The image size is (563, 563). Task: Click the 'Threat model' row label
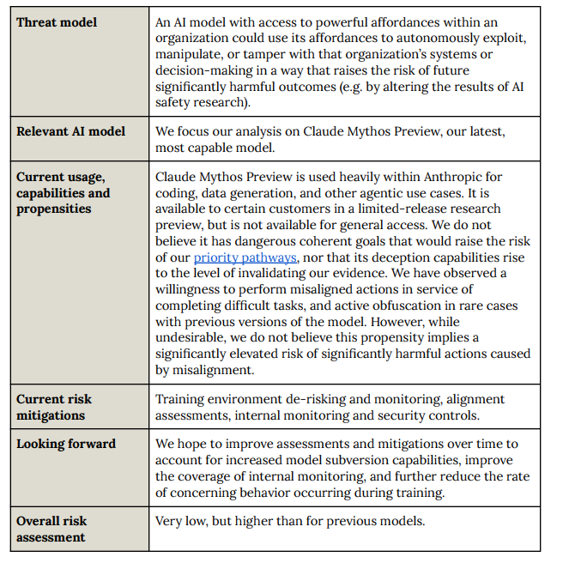57,22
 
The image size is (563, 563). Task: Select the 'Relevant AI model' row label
70,131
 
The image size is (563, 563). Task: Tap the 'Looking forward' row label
65,444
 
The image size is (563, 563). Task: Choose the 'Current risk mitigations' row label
54,407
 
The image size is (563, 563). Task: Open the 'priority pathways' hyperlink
245,257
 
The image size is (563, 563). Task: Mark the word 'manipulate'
190,55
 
